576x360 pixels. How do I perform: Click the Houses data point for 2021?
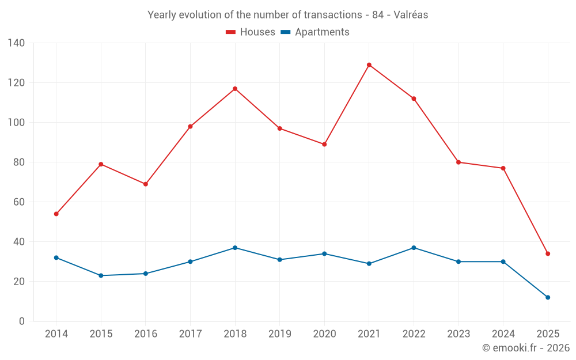[x=369, y=65]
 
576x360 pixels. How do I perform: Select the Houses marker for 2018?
[x=235, y=89]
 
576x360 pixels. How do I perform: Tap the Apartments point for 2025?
[x=548, y=297]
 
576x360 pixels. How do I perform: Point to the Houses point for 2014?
[x=56, y=214]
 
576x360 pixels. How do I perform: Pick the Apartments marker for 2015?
[x=101, y=275]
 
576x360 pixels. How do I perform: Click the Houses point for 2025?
[x=548, y=253]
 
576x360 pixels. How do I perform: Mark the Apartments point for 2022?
[x=414, y=248]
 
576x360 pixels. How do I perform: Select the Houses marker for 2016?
[x=146, y=184]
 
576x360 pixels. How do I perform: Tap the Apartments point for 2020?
[x=324, y=253]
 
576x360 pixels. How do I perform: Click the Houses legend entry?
[x=251, y=32]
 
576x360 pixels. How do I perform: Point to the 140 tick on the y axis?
[x=17, y=43]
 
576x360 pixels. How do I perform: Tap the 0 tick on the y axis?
[x=22, y=321]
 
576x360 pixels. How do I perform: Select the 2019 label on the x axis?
[x=279, y=334]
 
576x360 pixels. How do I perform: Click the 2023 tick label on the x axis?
[x=458, y=334]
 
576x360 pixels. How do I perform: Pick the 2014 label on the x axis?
[x=56, y=334]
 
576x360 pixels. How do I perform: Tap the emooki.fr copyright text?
[x=526, y=348]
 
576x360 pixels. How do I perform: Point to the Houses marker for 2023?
[x=458, y=162]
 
